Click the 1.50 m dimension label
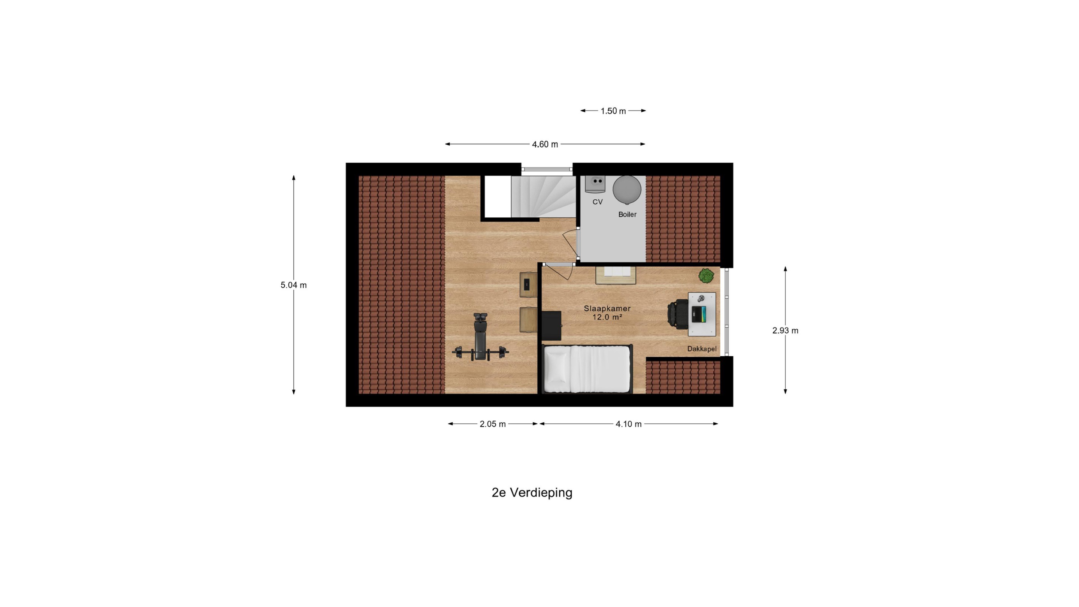pyautogui.click(x=613, y=111)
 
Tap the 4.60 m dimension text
pyautogui.click(x=545, y=145)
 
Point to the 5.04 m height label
pyautogui.click(x=294, y=285)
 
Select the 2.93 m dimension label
pyautogui.click(x=785, y=330)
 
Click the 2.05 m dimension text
pyautogui.click(x=493, y=424)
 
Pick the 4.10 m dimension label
pyautogui.click(x=628, y=424)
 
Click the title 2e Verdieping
pyautogui.click(x=532, y=493)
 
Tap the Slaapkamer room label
pyautogui.click(x=607, y=308)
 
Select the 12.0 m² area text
pyautogui.click(x=607, y=317)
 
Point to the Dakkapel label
pyautogui.click(x=702, y=349)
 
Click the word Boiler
pyautogui.click(x=628, y=214)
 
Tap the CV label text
pyautogui.click(x=597, y=202)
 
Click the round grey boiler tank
pyautogui.click(x=627, y=189)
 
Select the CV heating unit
pyautogui.click(x=595, y=184)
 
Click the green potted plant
pyautogui.click(x=706, y=276)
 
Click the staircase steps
pyautogui.click(x=544, y=196)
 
